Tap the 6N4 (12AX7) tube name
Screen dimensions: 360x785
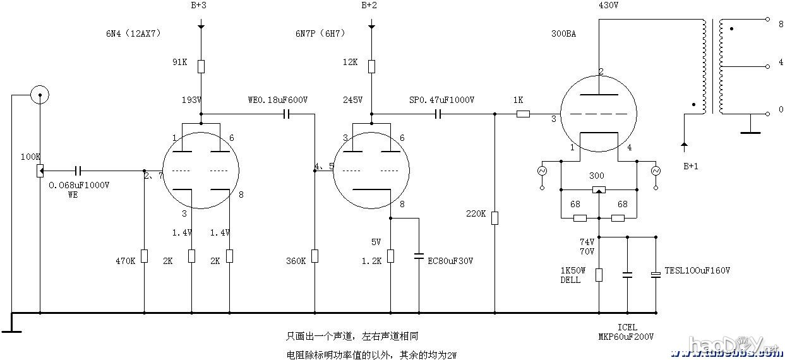coord(133,33)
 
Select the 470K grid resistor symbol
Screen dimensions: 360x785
coord(144,256)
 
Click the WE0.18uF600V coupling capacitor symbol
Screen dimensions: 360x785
coord(287,114)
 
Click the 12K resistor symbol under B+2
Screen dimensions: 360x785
coord(372,66)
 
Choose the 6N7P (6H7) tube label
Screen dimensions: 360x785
coord(320,33)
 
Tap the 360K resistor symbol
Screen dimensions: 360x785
coord(315,256)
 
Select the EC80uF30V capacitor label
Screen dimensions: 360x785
coord(450,260)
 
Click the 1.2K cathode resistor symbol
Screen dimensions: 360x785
coord(391,256)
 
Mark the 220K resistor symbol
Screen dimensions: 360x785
coord(494,218)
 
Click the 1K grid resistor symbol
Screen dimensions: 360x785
coord(523,114)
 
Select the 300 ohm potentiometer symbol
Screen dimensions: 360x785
coord(599,189)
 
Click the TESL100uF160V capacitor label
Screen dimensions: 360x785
coord(697,270)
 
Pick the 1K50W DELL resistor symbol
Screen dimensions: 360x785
coord(599,274)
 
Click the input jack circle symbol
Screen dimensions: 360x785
coord(40,95)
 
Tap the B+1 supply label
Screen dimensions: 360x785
coord(692,166)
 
